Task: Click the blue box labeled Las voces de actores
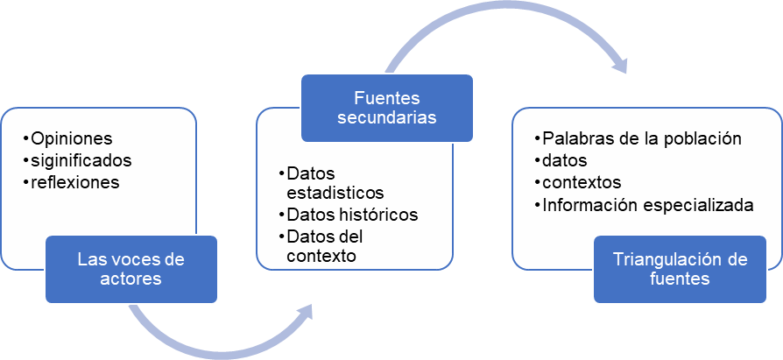coord(131,269)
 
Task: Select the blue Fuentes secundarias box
coord(387,107)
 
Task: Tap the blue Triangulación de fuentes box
coord(680,269)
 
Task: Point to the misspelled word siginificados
coord(81,160)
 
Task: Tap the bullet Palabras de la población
coord(642,139)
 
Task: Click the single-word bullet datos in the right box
coord(565,161)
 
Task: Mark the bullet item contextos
coord(582,183)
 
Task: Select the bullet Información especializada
coord(648,206)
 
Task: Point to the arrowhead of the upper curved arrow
coord(621,67)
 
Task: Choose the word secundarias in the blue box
coord(387,117)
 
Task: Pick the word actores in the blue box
coord(131,279)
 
